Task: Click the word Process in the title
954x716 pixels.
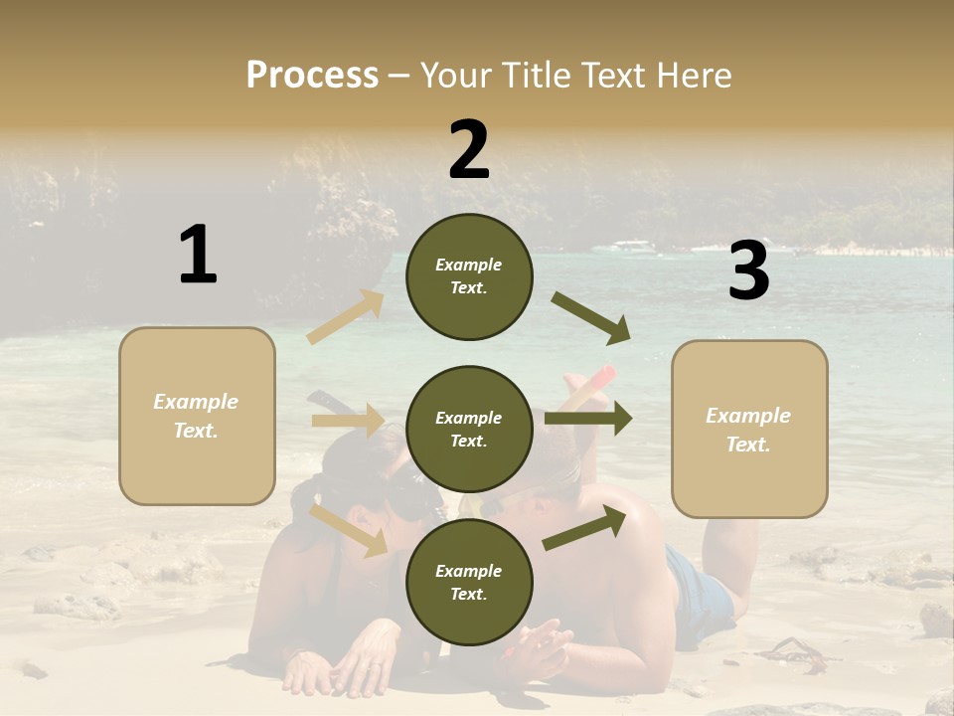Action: point(312,76)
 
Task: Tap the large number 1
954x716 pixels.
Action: point(198,255)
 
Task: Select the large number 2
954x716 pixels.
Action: point(469,150)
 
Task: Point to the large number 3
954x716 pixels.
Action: point(748,271)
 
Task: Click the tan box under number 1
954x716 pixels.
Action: point(197,416)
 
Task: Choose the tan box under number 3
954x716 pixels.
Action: point(749,429)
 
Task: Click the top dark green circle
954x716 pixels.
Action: point(469,276)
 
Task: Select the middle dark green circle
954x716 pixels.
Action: point(469,429)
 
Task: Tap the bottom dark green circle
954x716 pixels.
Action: point(469,582)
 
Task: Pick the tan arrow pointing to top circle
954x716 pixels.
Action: point(346,317)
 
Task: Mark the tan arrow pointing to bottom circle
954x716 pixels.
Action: point(349,530)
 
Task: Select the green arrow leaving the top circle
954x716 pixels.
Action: point(590,318)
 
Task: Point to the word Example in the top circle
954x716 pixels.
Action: point(469,265)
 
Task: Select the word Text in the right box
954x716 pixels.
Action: point(748,445)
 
